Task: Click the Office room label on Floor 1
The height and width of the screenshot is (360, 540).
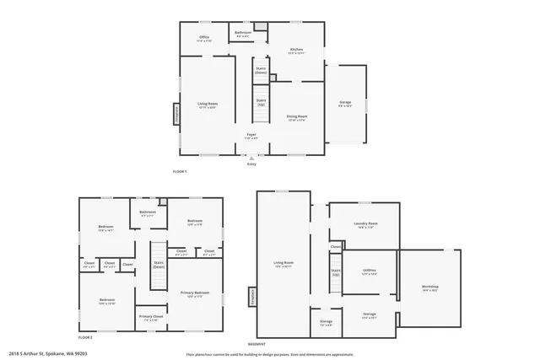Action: [x=204, y=38]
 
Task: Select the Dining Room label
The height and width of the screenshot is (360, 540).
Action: [x=296, y=117]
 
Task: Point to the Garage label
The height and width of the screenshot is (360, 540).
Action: [x=345, y=103]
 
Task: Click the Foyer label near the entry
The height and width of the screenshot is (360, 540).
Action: [x=251, y=135]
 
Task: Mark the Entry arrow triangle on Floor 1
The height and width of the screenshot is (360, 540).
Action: [x=251, y=158]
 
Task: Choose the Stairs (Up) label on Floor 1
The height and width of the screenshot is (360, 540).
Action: [x=261, y=102]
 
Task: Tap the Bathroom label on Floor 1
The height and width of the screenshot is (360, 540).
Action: [x=243, y=34]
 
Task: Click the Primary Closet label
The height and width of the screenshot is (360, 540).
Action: [x=151, y=317]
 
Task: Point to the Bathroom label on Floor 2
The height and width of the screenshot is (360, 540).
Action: [x=148, y=212]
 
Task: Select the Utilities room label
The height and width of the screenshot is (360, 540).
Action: [x=370, y=271]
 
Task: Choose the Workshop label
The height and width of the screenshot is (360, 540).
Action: [x=430, y=287]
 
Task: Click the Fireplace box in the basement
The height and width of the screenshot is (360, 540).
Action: [x=251, y=297]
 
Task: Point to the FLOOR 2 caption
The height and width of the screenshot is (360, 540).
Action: [x=84, y=336]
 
